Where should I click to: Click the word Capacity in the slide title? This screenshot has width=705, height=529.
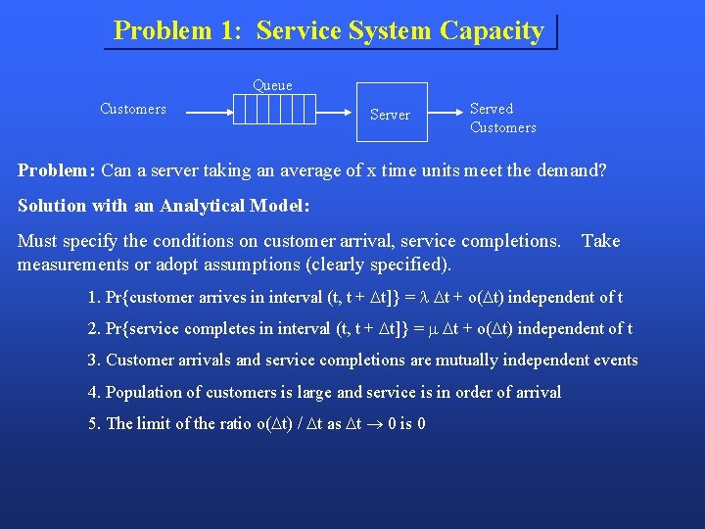pos(492,30)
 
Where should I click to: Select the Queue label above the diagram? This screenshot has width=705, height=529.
pos(272,85)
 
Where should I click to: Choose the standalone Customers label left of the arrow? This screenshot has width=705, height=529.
pos(133,109)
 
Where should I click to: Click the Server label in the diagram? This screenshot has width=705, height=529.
pos(390,115)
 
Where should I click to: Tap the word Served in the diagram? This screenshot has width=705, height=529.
pos(492,109)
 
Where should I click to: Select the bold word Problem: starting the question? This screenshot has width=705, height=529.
pos(56,170)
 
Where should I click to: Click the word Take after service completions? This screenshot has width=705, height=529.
pos(600,241)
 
